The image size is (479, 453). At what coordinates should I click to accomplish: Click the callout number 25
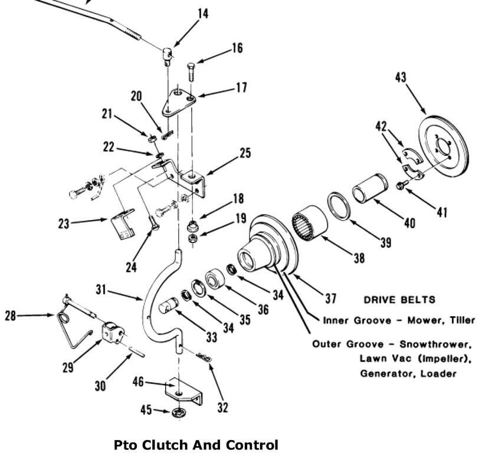pyautogui.click(x=244, y=154)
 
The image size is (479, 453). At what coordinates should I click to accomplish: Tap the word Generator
pyautogui.click(x=380, y=373)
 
